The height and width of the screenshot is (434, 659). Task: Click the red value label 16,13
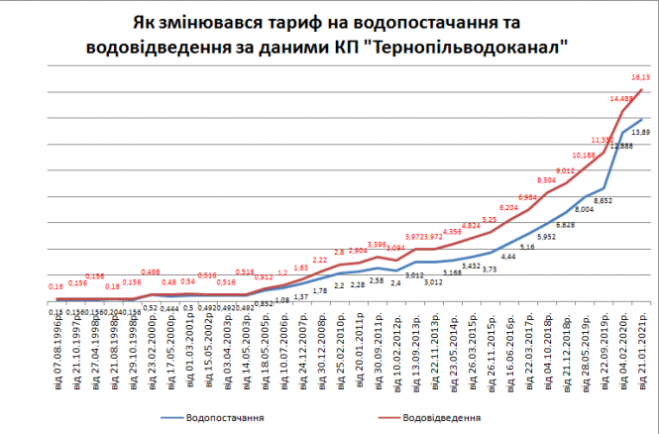pyautogui.click(x=640, y=77)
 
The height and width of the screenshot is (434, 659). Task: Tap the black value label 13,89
pyautogui.click(x=640, y=132)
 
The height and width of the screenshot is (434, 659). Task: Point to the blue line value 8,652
pyautogui.click(x=602, y=199)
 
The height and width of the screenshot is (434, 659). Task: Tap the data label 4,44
pyautogui.click(x=508, y=257)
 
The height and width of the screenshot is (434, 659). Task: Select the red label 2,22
pyautogui.click(x=320, y=259)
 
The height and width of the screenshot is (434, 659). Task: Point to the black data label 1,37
pyautogui.click(x=301, y=297)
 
